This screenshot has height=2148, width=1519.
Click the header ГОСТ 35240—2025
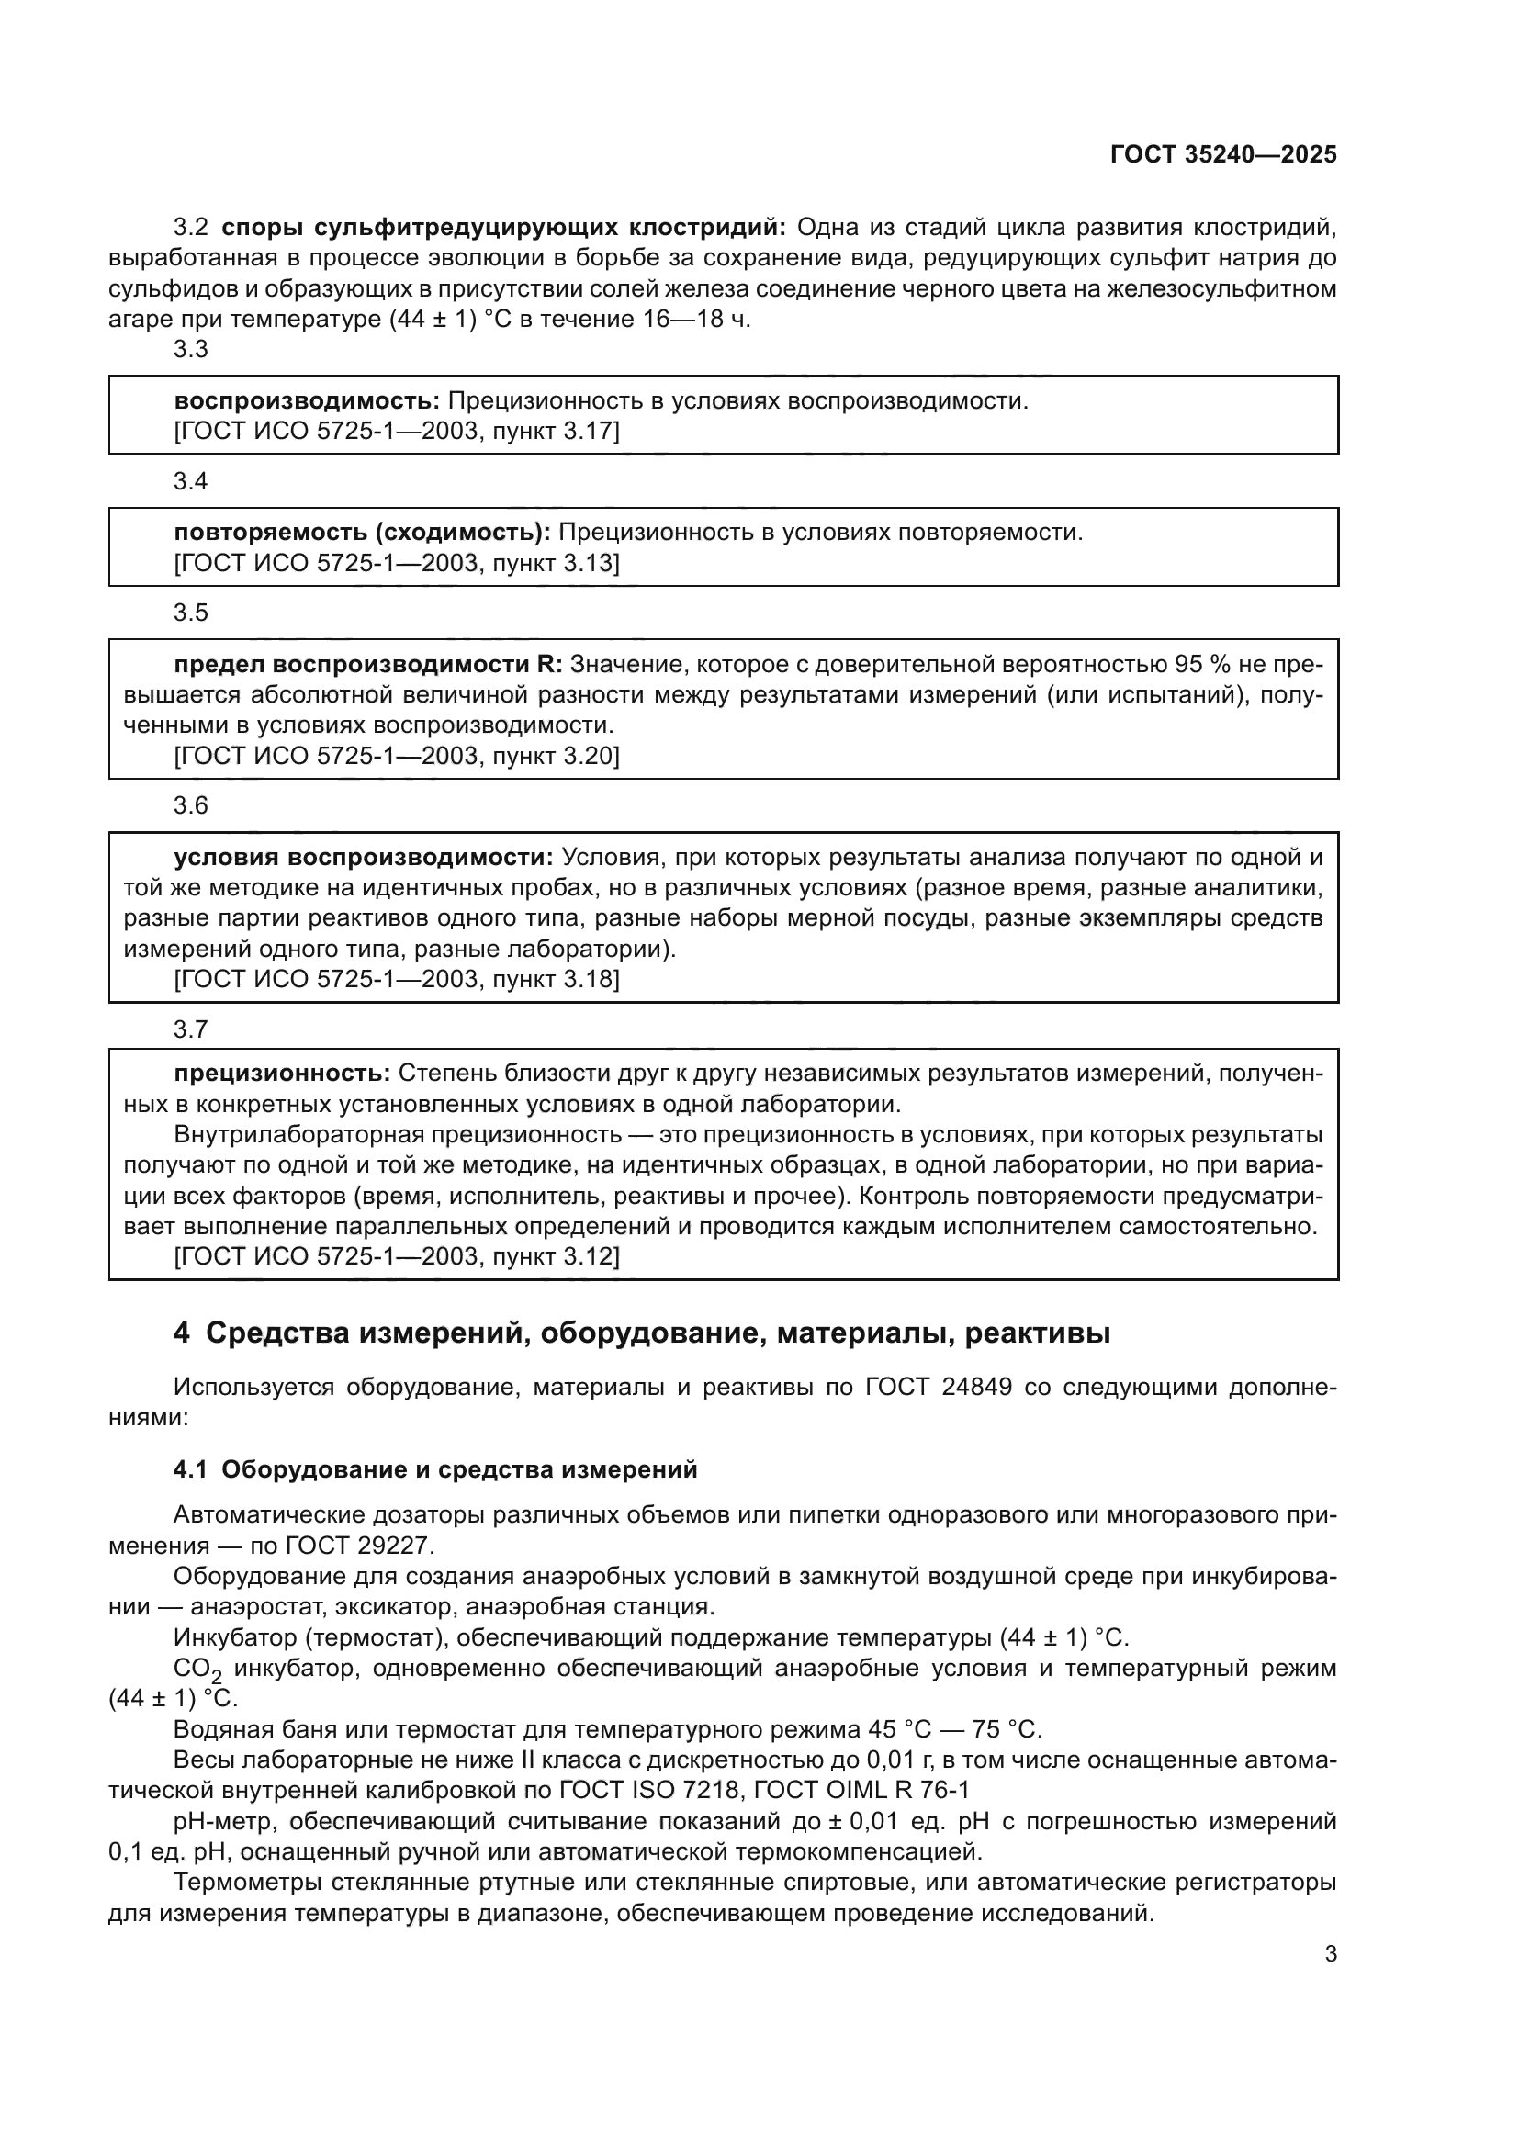pyautogui.click(x=1222, y=155)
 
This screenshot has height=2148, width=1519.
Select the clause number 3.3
pyautogui.click(x=191, y=350)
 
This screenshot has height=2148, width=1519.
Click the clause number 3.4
pyautogui.click(x=191, y=482)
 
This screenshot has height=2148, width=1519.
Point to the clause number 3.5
pyautogui.click(x=191, y=613)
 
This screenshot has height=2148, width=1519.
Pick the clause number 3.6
pyautogui.click(x=191, y=805)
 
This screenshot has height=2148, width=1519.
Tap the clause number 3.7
pyautogui.click(x=191, y=1030)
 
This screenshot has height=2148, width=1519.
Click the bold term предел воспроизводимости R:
pyautogui.click(x=368, y=664)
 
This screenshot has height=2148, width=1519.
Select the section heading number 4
pyautogui.click(x=182, y=1333)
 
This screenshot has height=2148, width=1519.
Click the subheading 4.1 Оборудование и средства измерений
pyautogui.click(x=435, y=1469)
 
